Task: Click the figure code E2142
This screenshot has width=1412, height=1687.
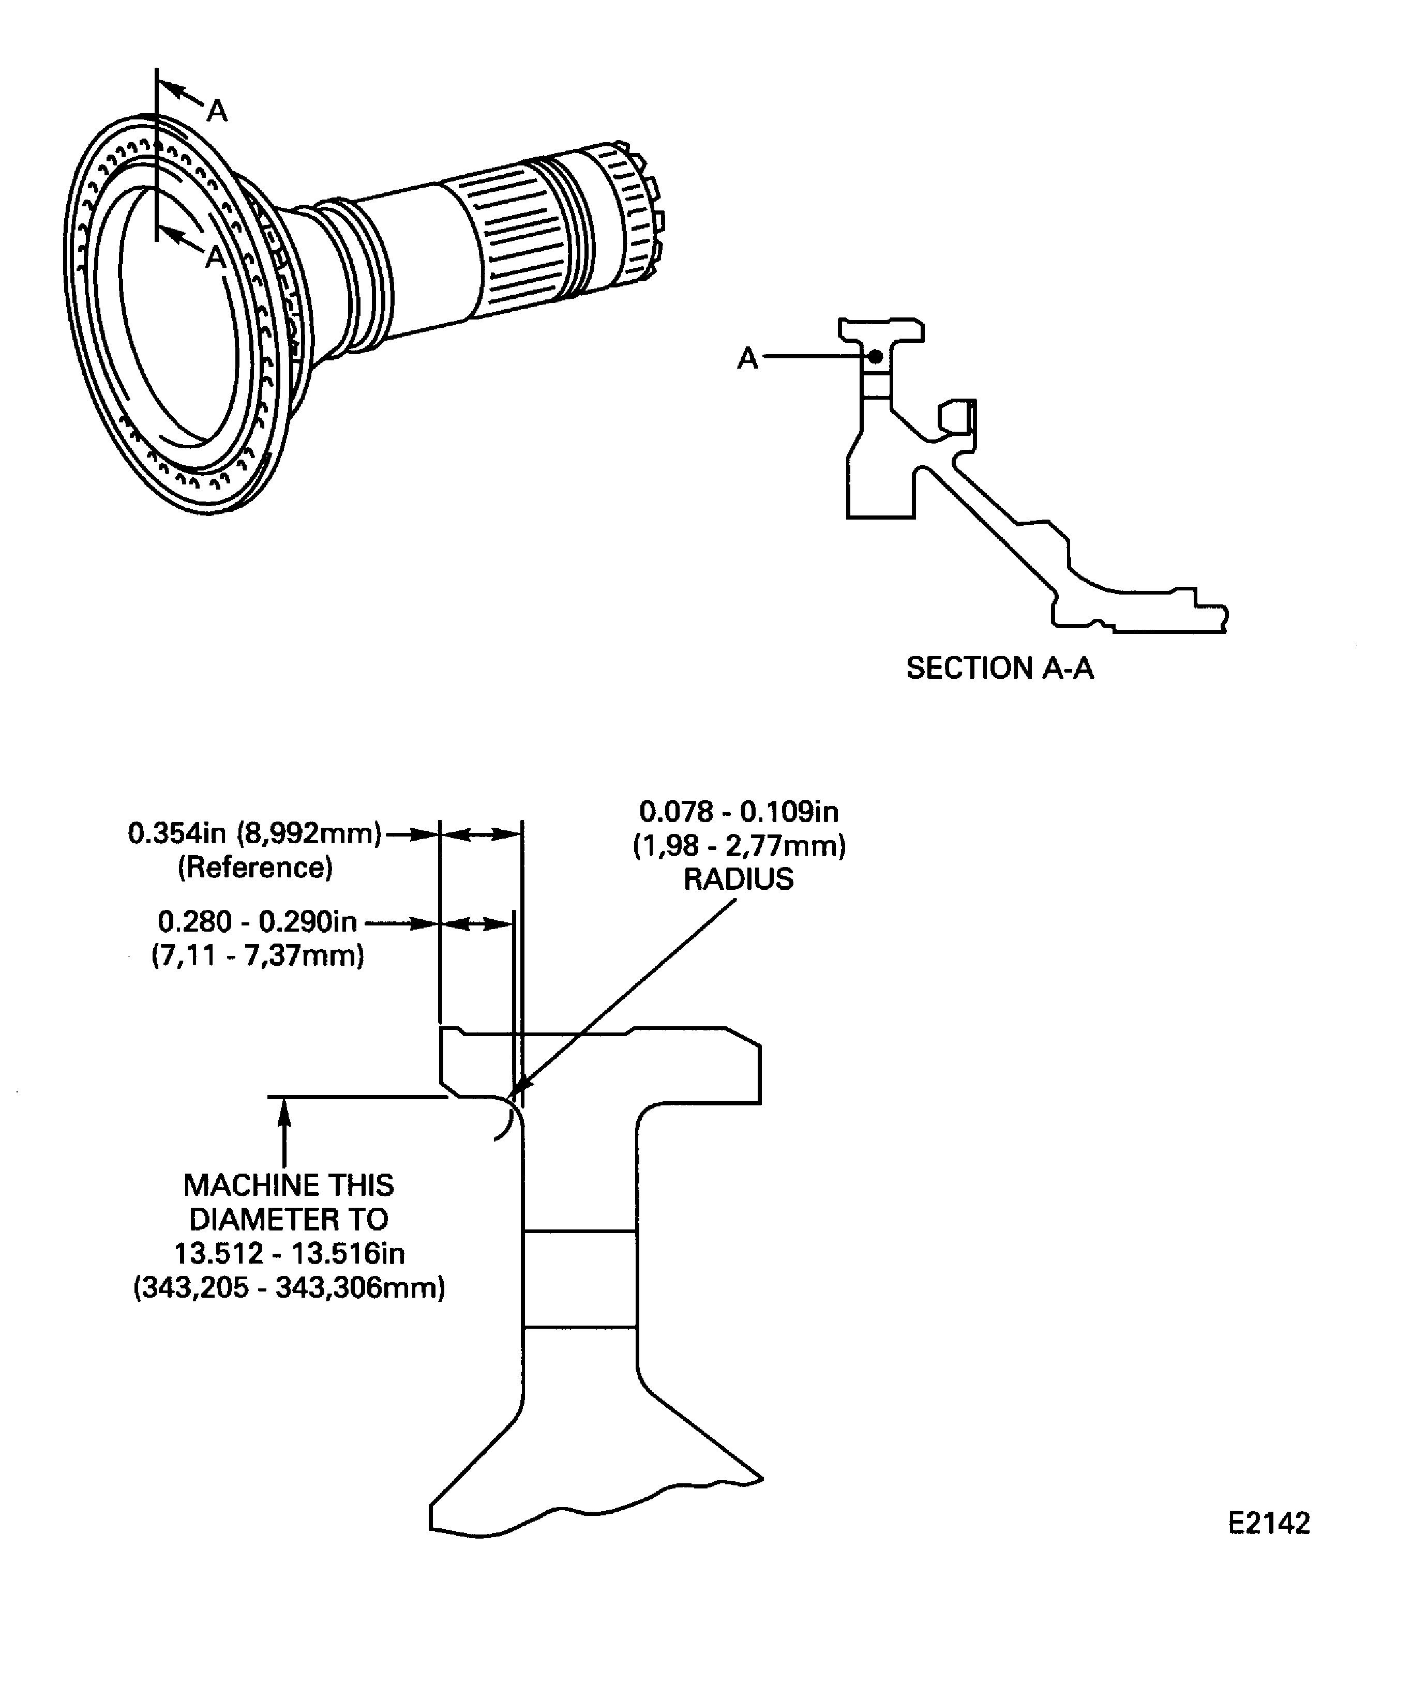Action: tap(1268, 1523)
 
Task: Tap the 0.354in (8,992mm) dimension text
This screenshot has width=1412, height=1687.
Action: tap(254, 834)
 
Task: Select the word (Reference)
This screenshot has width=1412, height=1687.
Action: tap(255, 868)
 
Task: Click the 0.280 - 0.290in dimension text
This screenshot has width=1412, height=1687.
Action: tap(257, 921)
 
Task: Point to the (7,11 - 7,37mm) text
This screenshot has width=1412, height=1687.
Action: tap(257, 956)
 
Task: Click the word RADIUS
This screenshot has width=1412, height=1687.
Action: tap(738, 879)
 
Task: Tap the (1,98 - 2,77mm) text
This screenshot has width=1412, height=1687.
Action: tap(738, 846)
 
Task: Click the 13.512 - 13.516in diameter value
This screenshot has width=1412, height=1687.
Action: tap(289, 1253)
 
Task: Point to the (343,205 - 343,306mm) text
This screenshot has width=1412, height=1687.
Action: tap(289, 1288)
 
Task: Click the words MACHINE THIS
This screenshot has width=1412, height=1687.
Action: tap(289, 1185)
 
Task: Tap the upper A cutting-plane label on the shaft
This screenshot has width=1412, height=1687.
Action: tap(217, 111)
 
